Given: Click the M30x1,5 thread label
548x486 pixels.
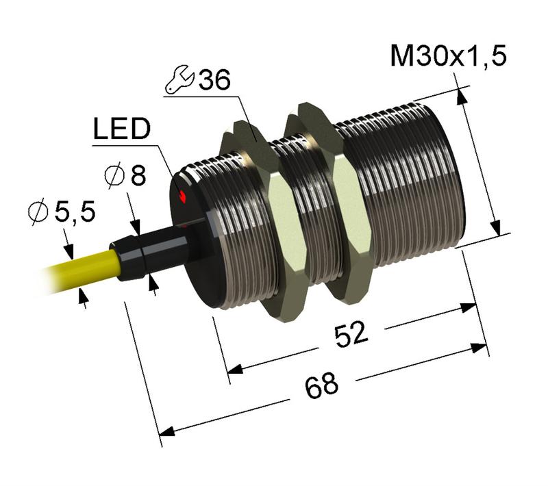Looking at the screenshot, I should (x=448, y=56).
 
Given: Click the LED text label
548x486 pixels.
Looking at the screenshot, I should (x=121, y=130).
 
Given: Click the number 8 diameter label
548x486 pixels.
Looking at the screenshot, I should (x=138, y=177).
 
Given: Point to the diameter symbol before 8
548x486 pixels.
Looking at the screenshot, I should (x=113, y=177).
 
